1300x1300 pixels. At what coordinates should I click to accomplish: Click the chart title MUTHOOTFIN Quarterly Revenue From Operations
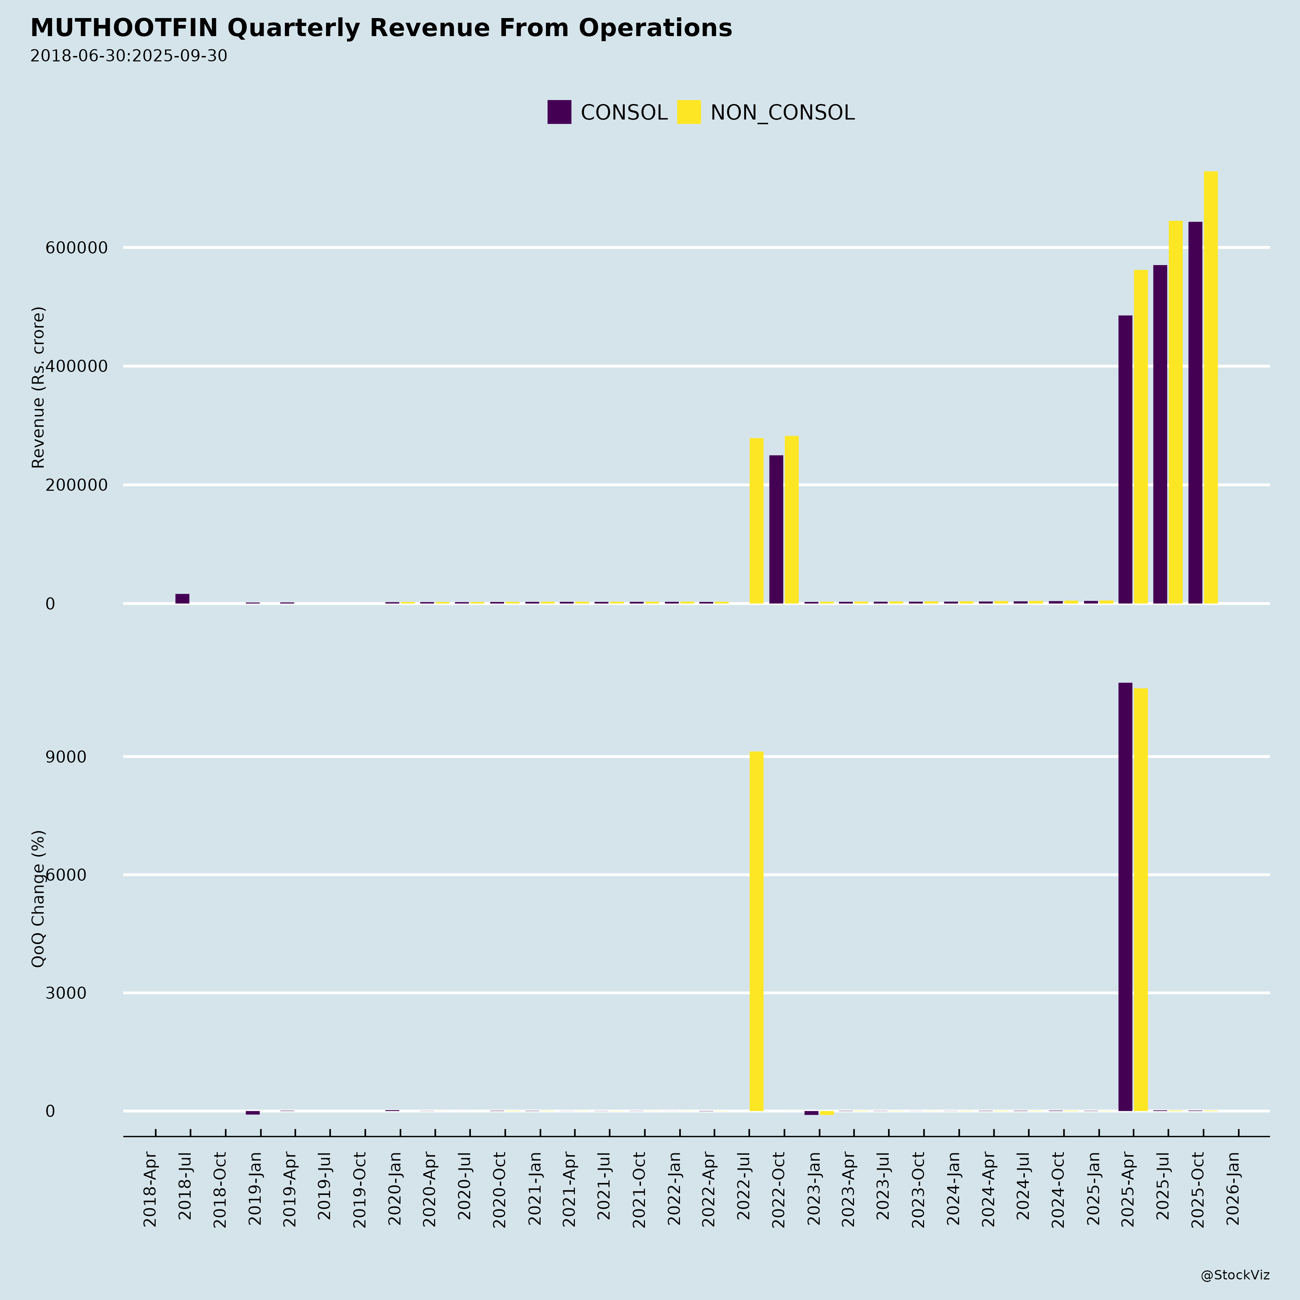[381, 28]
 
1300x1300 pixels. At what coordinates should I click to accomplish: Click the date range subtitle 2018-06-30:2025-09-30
[129, 56]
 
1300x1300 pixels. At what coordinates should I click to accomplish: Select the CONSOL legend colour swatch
[559, 112]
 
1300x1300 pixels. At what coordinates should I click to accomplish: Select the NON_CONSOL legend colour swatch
[688, 112]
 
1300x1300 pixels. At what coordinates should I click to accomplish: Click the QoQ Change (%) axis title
[38, 898]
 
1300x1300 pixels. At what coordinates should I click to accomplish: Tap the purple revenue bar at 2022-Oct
[776, 529]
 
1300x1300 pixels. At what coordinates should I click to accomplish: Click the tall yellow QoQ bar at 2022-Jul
[756, 932]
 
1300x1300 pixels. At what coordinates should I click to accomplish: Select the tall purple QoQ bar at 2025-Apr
[1125, 897]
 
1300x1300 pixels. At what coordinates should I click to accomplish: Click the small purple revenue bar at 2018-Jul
[182, 598]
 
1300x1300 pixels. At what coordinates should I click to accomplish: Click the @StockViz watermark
[1235, 1275]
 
